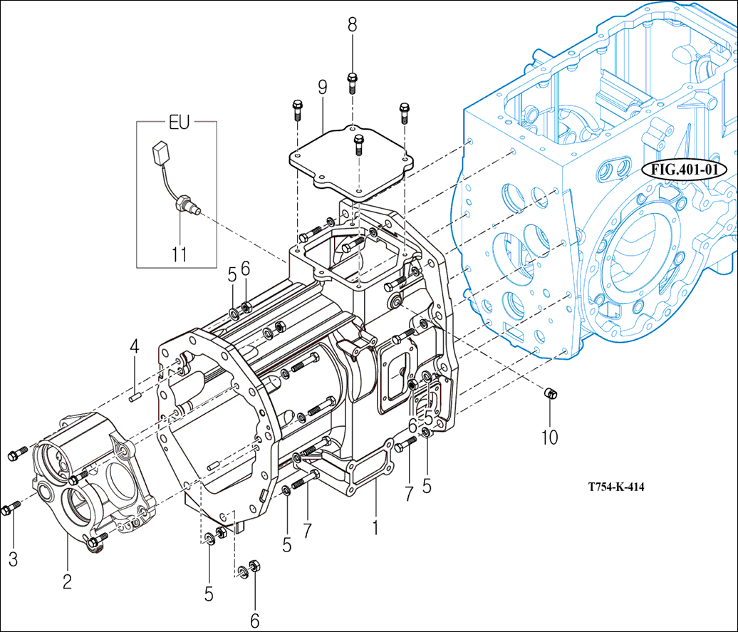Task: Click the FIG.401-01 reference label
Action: click(x=684, y=170)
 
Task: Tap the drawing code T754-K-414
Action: click(x=616, y=487)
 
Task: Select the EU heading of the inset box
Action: click(x=179, y=122)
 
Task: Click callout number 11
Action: click(x=180, y=254)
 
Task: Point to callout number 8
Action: click(x=352, y=24)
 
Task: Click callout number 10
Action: click(x=549, y=436)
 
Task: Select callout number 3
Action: click(x=13, y=559)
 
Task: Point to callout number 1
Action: click(x=375, y=528)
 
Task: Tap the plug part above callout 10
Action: click(x=550, y=393)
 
